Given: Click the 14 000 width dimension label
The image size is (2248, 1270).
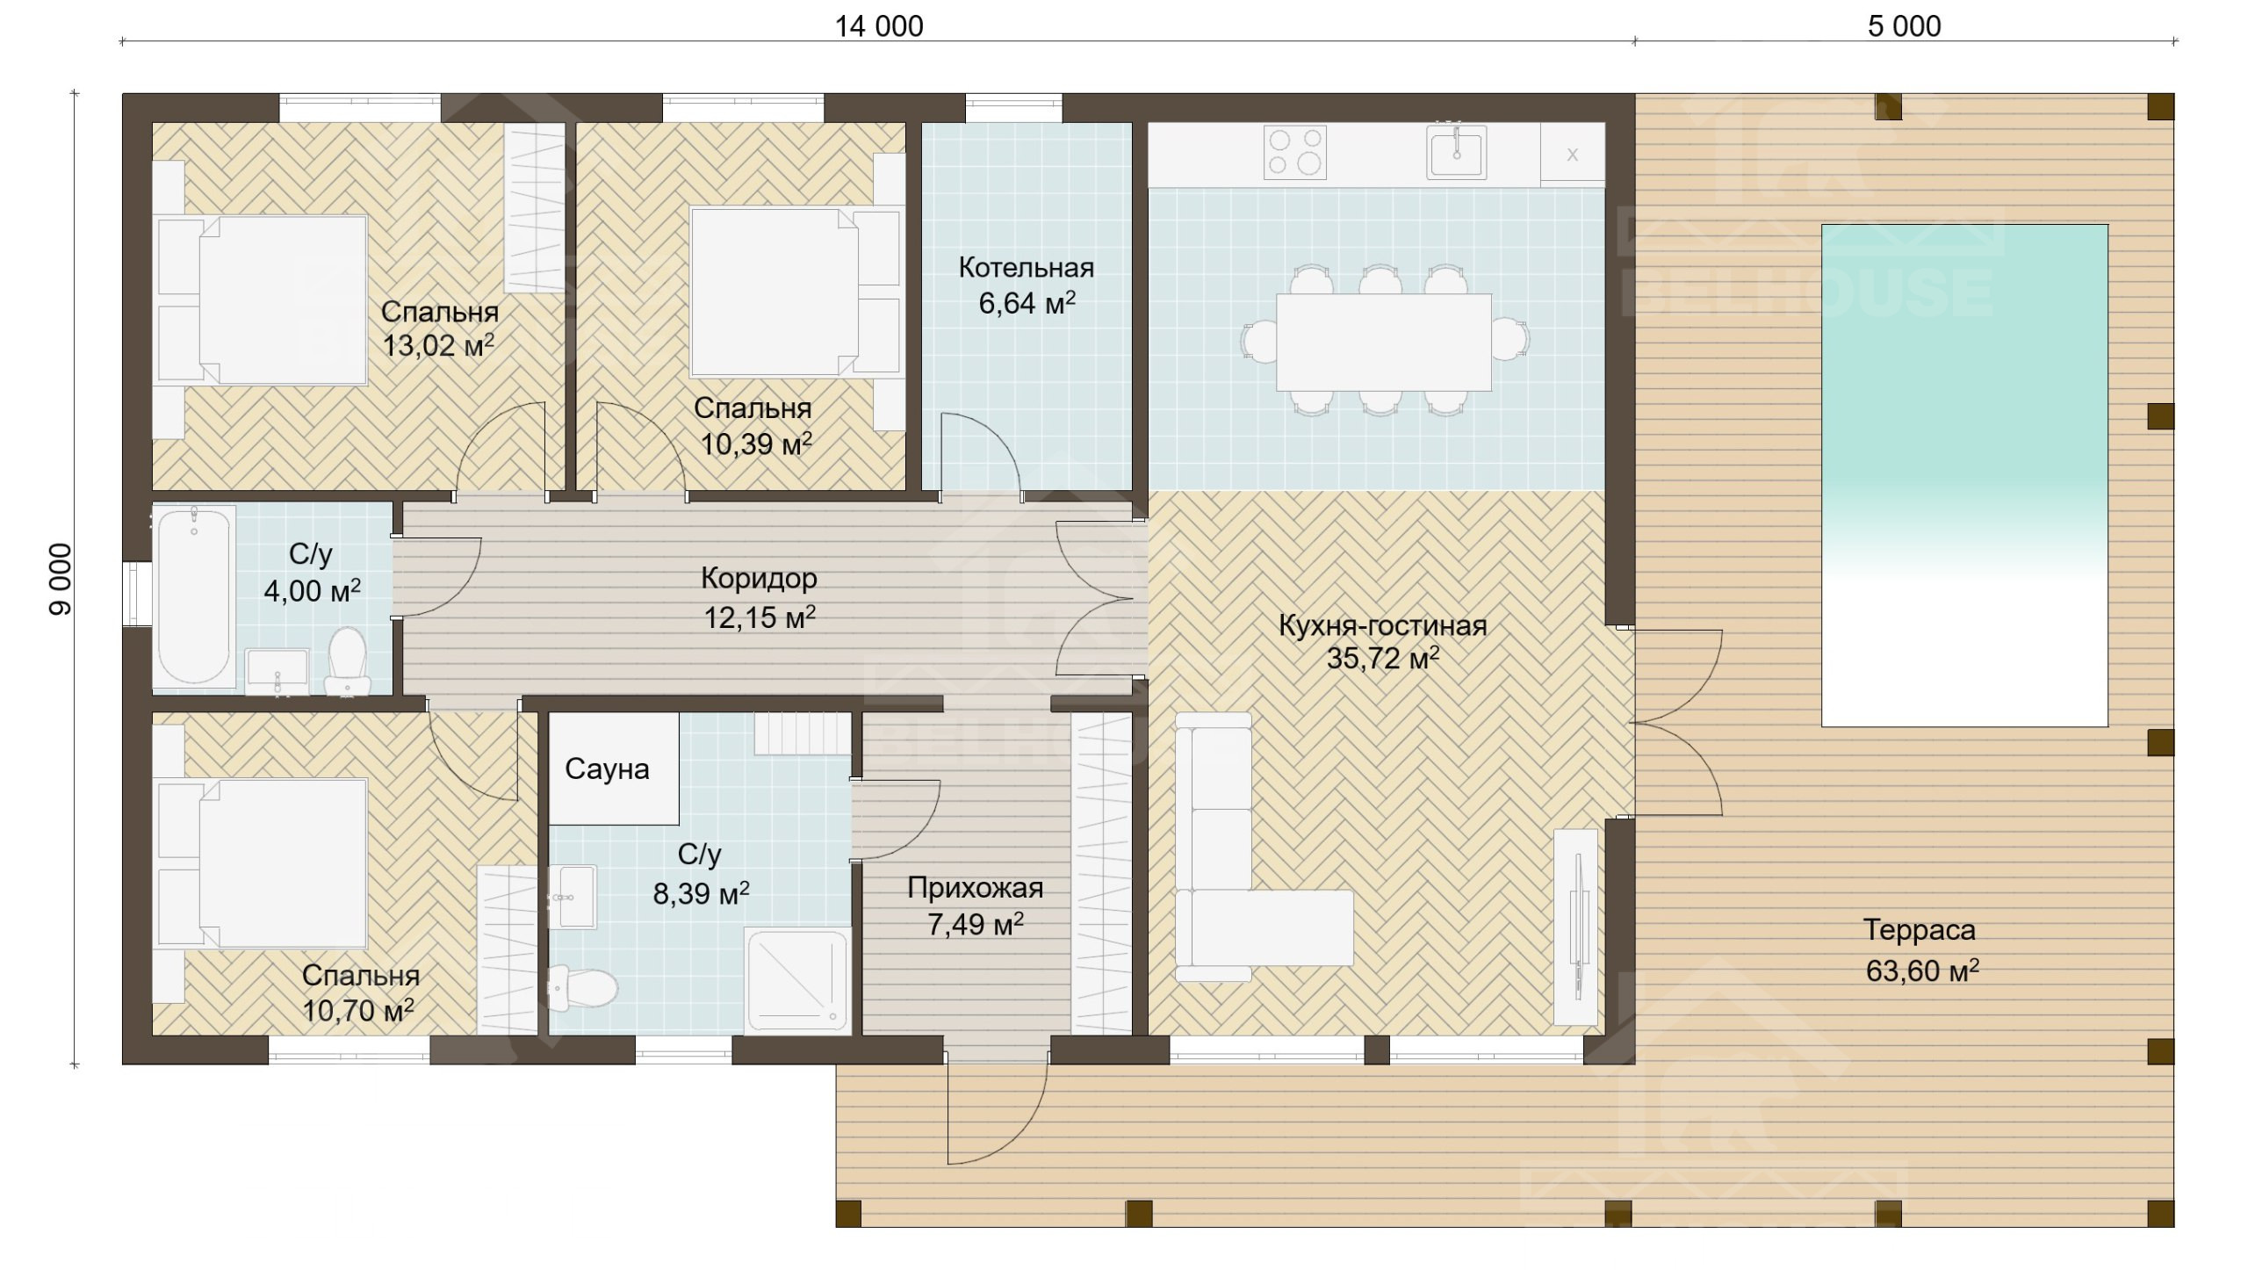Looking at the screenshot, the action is (x=878, y=26).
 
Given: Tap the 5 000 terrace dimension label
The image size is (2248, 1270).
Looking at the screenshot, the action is (x=1904, y=26).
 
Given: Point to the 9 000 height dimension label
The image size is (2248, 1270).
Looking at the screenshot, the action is (x=60, y=580).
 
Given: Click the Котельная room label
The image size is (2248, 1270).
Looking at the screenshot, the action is (x=1026, y=267).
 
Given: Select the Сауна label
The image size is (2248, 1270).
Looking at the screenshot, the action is (x=607, y=768).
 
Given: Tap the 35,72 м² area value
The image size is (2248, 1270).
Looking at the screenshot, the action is (x=1382, y=658).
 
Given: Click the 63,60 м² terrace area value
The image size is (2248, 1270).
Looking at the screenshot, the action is (x=1922, y=971).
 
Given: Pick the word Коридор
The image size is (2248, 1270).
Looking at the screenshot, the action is (x=759, y=578).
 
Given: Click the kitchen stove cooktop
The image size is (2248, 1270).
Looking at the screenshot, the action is (x=1295, y=152).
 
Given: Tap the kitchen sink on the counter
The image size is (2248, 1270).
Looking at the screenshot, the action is (x=1456, y=152).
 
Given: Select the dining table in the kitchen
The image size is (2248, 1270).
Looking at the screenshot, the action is (x=1383, y=342).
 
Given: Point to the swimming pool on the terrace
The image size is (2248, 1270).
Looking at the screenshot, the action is (x=1964, y=475).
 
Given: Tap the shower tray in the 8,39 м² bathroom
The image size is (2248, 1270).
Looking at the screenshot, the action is (x=797, y=979).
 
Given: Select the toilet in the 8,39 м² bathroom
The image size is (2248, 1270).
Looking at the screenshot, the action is (x=582, y=988).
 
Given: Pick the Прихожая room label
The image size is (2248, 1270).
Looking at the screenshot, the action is (x=975, y=888).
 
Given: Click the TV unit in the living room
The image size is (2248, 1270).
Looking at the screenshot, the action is (x=1576, y=927).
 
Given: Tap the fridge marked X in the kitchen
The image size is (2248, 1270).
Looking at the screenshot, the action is (x=1573, y=155).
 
